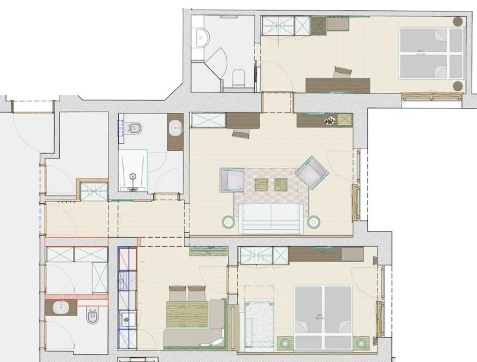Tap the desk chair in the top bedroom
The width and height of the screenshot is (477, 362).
(x=343, y=72)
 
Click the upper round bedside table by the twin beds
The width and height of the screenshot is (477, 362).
(x=458, y=21)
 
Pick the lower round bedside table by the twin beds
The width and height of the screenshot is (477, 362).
(x=458, y=84)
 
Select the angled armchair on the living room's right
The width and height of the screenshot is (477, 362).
(x=311, y=173)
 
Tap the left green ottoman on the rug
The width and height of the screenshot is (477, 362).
(x=261, y=183)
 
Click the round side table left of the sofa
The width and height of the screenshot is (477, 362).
(x=229, y=222)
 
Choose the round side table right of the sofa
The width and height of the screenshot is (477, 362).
(x=313, y=222)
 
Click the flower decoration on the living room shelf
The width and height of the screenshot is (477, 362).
(x=329, y=121)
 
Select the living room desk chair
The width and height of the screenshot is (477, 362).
(x=241, y=133)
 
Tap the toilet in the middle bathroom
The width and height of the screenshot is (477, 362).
(x=135, y=128)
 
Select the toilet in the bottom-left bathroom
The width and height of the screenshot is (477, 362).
(x=92, y=316)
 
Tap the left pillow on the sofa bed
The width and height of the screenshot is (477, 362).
(x=177, y=294)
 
